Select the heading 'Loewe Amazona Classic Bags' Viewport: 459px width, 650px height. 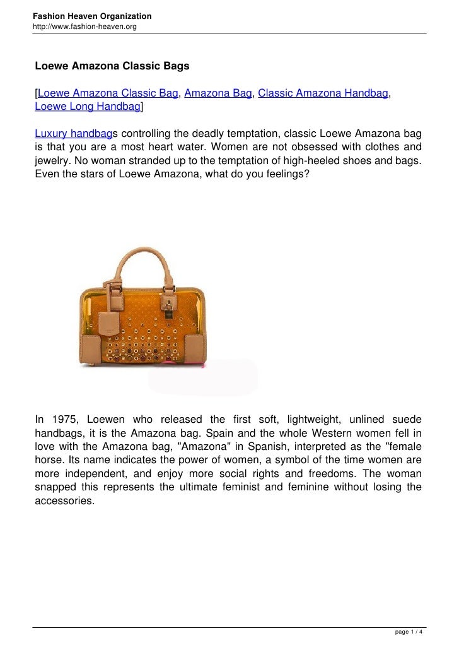pyautogui.click(x=112, y=66)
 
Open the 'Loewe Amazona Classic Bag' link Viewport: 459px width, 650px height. pyautogui.click(x=108, y=94)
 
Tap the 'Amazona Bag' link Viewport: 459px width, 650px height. pyautogui.click(x=218, y=94)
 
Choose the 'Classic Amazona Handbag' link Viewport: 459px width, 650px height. pyautogui.click(x=323, y=94)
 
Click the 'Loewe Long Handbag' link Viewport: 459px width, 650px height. pyautogui.click(x=87, y=107)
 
